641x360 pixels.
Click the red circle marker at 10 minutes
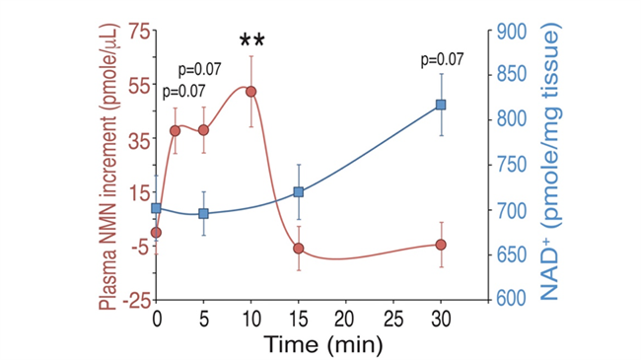click(x=251, y=92)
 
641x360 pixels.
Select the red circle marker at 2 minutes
click(x=175, y=131)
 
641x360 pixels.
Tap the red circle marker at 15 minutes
click(x=299, y=249)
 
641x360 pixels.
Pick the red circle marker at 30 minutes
click(x=441, y=245)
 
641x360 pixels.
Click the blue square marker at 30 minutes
click(x=441, y=105)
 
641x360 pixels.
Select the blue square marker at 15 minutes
click(x=299, y=192)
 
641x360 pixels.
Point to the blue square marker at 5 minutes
click(x=203, y=214)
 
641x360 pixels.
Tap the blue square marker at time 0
click(x=156, y=208)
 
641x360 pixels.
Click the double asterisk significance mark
click(x=252, y=40)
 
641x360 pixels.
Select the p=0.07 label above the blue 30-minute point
click(x=443, y=60)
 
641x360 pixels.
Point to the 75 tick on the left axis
click(x=139, y=33)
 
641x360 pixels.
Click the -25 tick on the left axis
click(x=136, y=302)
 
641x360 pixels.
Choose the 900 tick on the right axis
click(x=512, y=32)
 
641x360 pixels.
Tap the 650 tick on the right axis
click(x=512, y=255)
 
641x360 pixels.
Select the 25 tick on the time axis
click(x=393, y=320)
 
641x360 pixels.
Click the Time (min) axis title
click(x=322, y=344)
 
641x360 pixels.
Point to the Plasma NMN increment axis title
click(x=108, y=168)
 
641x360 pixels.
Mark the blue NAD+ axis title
click(x=550, y=163)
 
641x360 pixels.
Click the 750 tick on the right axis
click(x=512, y=166)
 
